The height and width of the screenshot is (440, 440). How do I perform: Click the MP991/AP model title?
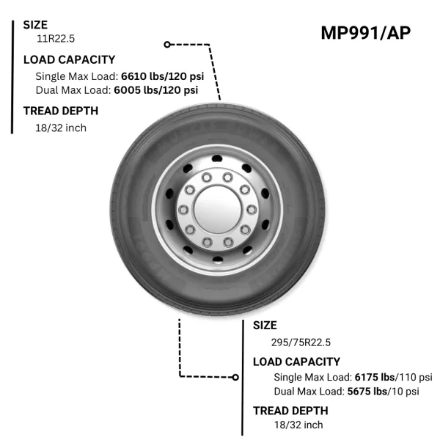[x=366, y=33]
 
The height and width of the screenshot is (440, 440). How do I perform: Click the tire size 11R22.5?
[x=56, y=38]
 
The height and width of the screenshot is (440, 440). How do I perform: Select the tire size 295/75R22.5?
[x=301, y=342]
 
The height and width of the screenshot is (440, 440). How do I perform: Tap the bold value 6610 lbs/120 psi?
[x=163, y=76]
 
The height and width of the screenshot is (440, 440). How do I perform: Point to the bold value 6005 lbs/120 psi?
[x=156, y=90]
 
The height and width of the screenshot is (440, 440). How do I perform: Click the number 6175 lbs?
[x=375, y=377]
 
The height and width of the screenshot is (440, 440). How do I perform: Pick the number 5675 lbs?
[x=367, y=391]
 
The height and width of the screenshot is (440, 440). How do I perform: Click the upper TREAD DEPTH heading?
[x=61, y=111]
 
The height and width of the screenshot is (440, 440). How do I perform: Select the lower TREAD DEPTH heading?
[x=290, y=411]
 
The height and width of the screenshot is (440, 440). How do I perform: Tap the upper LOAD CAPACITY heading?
[x=70, y=59]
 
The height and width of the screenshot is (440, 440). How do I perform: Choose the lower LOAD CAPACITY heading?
[x=296, y=362]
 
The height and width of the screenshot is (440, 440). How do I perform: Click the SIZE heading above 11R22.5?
[x=35, y=25]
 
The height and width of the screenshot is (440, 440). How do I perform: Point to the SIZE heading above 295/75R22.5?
[x=265, y=325]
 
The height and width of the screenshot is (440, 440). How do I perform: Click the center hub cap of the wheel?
[x=218, y=209]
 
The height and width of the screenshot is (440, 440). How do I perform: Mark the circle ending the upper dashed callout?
[x=167, y=44]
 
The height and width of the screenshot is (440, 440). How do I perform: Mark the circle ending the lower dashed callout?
[x=235, y=378]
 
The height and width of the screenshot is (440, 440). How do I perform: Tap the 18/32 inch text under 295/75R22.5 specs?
[x=298, y=425]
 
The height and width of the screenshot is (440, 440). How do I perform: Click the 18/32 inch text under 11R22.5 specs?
[x=61, y=128]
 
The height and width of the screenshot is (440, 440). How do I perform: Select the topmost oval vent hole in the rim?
[x=217, y=158]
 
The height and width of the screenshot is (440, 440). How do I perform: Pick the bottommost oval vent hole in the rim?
[x=218, y=260]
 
